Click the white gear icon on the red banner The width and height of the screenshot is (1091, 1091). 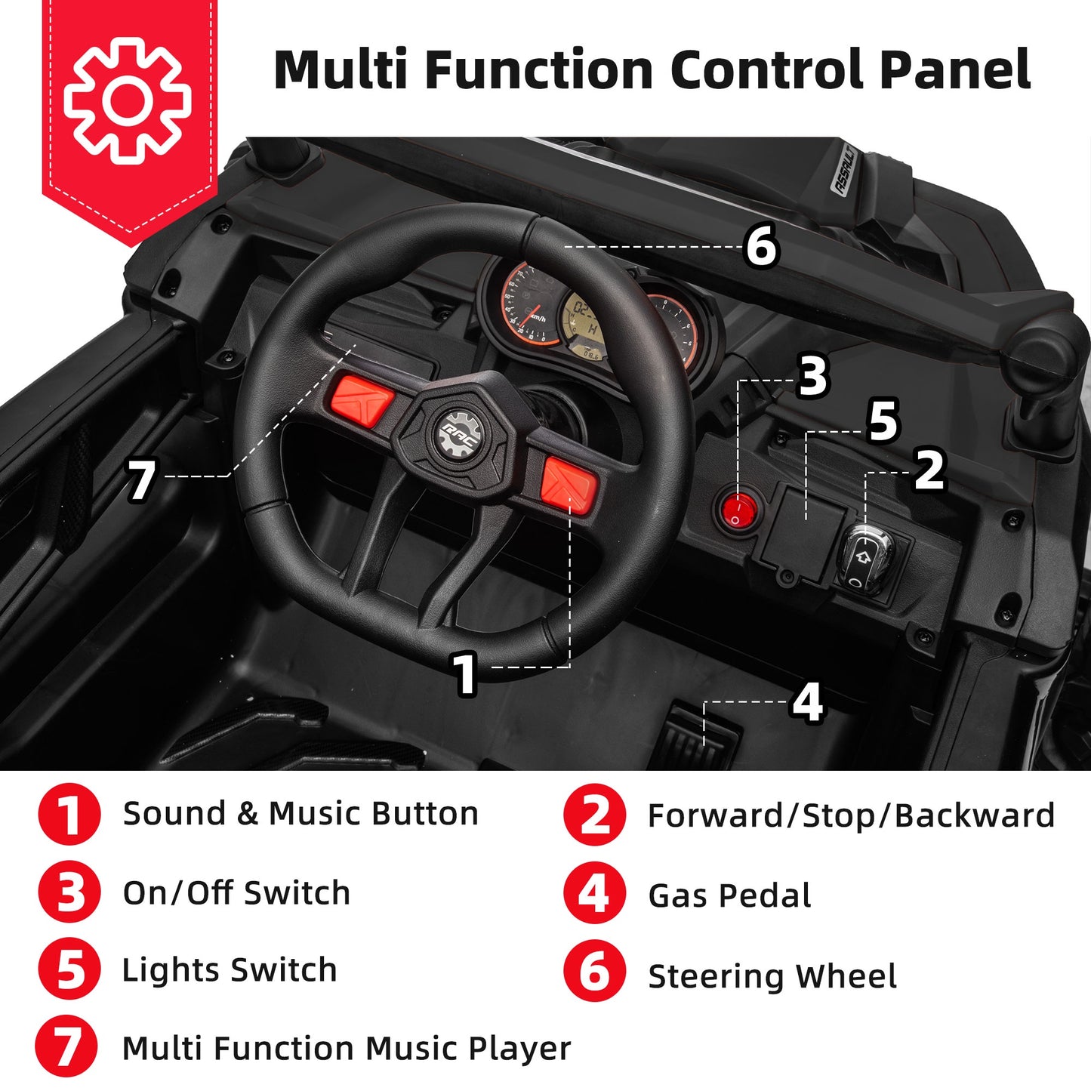pyautogui.click(x=127, y=100)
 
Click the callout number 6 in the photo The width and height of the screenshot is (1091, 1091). pyautogui.click(x=760, y=246)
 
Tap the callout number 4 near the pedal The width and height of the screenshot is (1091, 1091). pyautogui.click(x=807, y=702)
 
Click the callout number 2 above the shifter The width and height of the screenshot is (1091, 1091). pyautogui.click(x=929, y=470)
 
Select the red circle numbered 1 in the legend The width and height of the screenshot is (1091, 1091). pyautogui.click(x=69, y=815)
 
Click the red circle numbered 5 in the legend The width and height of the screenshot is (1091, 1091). pyautogui.click(x=69, y=970)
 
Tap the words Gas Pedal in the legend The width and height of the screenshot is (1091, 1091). pyautogui.click(x=729, y=895)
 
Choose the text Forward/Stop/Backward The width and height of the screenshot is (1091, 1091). pyautogui.click(x=851, y=815)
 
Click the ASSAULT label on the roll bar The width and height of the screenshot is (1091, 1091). pyautogui.click(x=844, y=171)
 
